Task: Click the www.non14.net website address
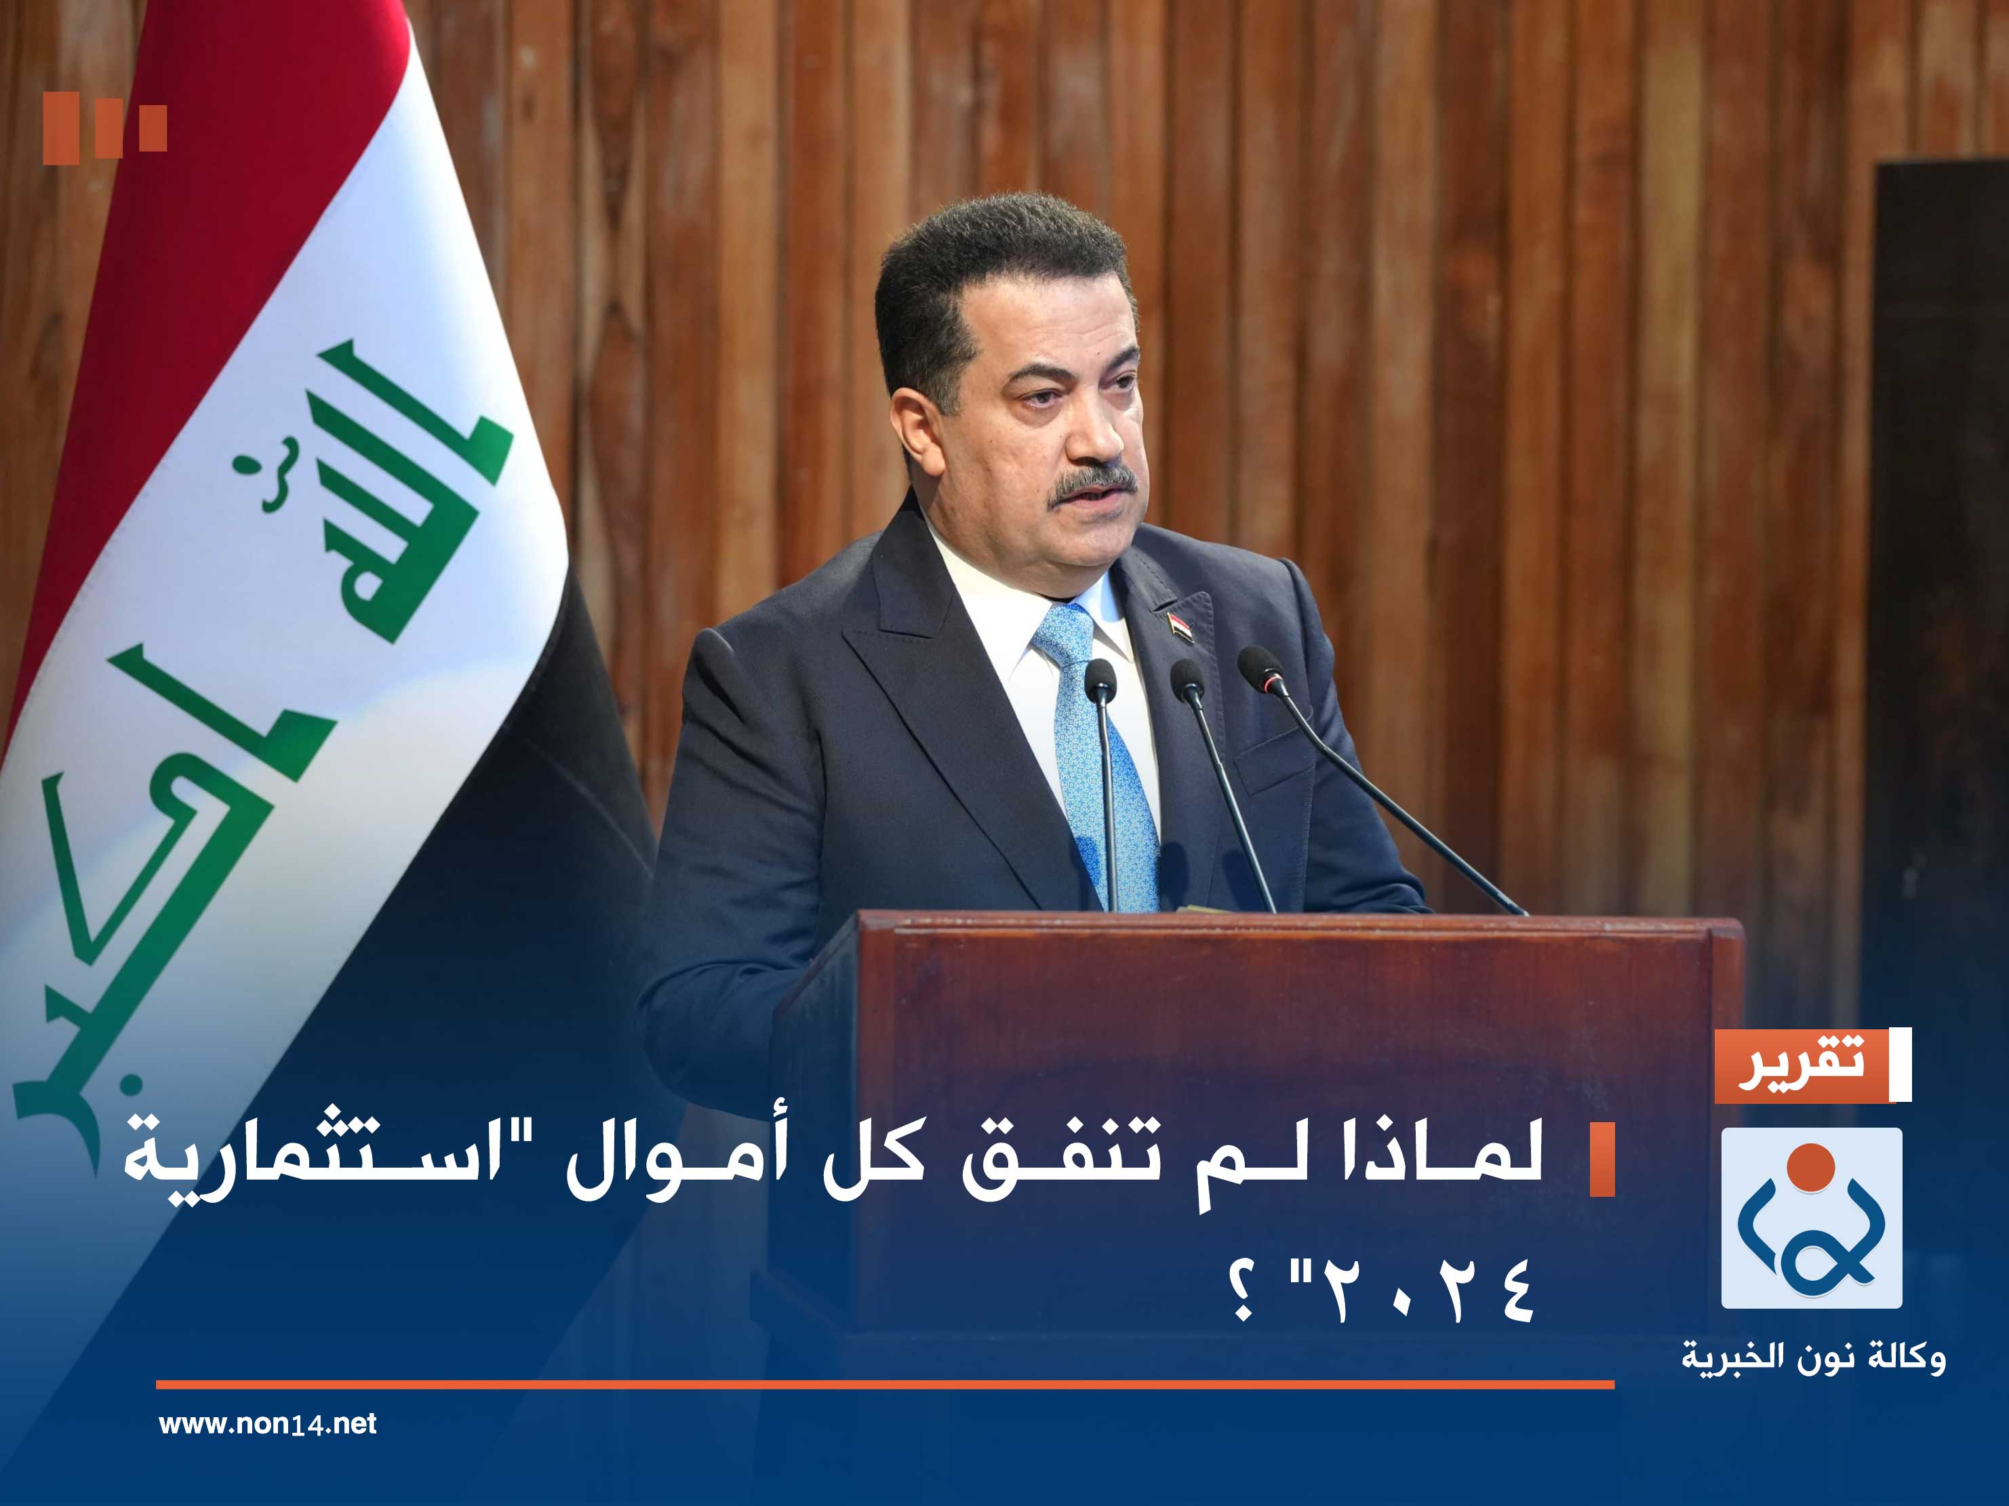pos(267,1423)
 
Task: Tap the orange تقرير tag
pos(1800,1065)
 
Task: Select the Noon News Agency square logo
pos(1811,1218)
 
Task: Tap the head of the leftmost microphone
pos(1100,677)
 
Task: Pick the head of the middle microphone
pos(1186,677)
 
